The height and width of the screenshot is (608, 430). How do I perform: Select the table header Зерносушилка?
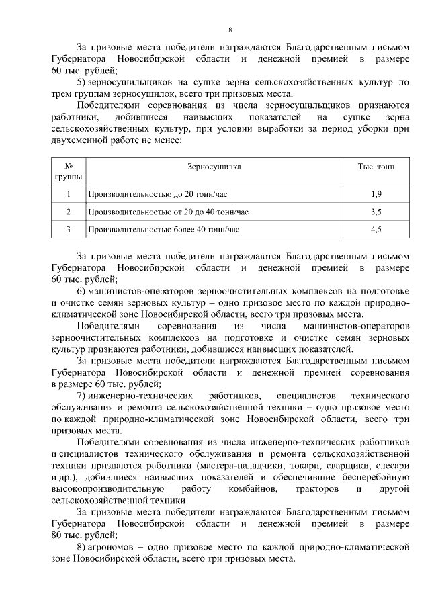pos(214,166)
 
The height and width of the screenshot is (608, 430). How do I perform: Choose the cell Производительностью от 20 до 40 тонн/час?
pos(168,212)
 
